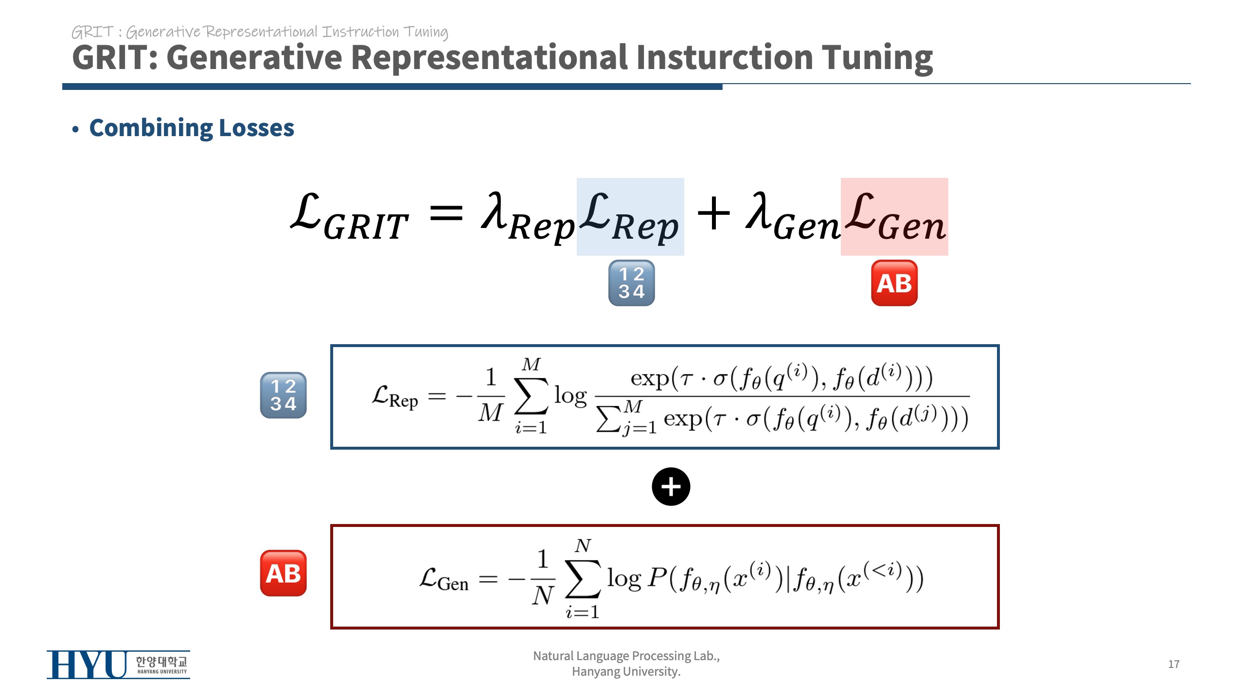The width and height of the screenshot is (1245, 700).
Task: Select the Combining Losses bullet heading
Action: [192, 128]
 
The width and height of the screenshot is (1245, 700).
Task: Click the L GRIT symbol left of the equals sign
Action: [349, 217]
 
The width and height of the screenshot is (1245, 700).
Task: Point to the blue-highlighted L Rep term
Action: [630, 217]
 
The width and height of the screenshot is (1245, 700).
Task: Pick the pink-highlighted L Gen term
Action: [894, 217]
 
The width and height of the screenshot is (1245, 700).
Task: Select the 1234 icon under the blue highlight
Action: [631, 283]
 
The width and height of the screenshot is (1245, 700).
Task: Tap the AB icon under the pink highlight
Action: [894, 283]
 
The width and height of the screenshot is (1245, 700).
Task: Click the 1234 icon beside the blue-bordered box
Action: [283, 395]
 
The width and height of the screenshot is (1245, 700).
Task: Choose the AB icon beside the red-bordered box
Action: [283, 573]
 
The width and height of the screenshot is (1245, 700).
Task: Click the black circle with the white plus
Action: [671, 487]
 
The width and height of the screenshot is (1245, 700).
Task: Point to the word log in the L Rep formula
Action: [570, 396]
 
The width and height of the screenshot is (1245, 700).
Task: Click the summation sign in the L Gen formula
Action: [583, 578]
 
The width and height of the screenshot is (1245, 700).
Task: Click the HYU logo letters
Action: [88, 665]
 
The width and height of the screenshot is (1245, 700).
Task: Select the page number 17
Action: [1174, 664]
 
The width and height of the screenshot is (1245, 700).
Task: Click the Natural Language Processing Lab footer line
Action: [626, 656]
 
